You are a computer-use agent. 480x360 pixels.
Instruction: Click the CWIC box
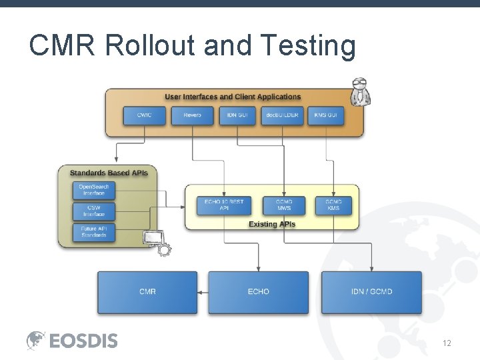144,115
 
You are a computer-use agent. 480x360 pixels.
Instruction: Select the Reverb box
192,115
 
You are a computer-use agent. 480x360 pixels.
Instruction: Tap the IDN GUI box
237,115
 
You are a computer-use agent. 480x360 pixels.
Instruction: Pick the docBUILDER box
282,115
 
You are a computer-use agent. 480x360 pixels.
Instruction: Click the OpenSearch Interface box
93,190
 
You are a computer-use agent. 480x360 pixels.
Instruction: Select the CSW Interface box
93,211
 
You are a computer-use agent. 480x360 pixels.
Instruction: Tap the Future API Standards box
93,232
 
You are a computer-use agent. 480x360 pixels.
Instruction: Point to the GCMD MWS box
284,205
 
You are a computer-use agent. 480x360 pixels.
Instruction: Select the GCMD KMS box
333,205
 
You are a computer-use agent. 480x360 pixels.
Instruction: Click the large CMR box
147,292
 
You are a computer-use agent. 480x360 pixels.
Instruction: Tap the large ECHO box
259,292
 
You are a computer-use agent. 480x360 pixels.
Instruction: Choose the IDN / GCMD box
371,292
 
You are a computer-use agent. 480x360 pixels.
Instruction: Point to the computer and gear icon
157,243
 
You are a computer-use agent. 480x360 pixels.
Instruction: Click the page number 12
447,343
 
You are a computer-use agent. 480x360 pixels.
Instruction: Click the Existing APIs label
272,224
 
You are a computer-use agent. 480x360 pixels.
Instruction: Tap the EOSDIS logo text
83,341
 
